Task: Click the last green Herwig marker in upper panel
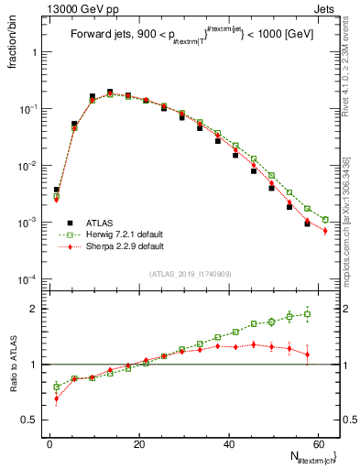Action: [325, 220]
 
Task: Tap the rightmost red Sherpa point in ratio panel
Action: [308, 354]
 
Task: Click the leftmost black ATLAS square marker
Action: [57, 190]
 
